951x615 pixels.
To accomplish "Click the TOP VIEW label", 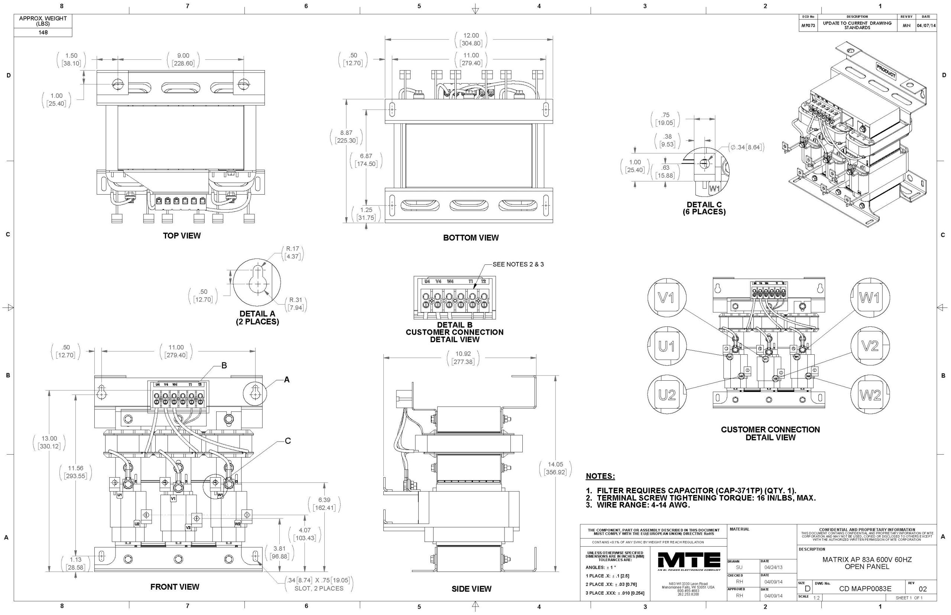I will [x=182, y=235].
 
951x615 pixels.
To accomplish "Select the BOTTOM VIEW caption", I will [x=471, y=238].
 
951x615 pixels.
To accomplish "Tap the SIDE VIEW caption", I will [x=471, y=589].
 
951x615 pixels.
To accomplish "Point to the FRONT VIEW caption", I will [x=175, y=587].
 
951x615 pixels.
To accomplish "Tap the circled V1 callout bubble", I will [x=666, y=297].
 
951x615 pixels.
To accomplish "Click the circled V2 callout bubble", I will [x=870, y=346].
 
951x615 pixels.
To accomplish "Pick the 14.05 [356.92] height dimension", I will [x=555, y=468].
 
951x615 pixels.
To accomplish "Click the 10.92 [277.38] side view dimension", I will [x=463, y=357].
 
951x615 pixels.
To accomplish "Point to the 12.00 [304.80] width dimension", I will [x=471, y=39].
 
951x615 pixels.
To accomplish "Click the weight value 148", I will [x=43, y=32].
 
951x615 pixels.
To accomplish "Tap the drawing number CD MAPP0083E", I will [x=865, y=589].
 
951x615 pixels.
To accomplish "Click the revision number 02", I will [x=923, y=589].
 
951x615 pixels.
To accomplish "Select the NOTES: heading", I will [x=600, y=476].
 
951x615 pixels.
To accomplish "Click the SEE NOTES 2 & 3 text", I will [x=518, y=264].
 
